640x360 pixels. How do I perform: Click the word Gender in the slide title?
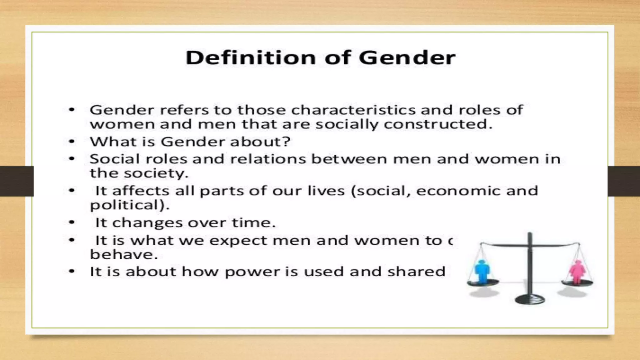407,58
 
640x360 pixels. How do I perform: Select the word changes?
147,223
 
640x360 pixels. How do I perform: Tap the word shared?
416,272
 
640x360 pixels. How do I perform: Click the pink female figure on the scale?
577,272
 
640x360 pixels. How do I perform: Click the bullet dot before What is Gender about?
72,142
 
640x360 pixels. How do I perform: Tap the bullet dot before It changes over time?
72,222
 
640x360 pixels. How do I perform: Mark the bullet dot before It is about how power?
72,271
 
